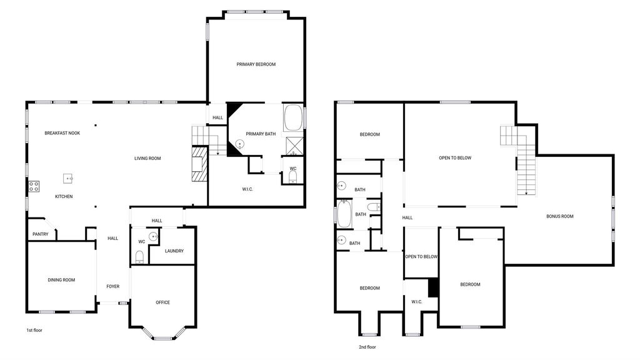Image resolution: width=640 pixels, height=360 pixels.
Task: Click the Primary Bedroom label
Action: point(256,64)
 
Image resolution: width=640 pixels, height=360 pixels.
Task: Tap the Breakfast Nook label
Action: point(62,133)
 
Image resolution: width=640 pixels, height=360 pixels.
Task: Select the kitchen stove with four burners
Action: point(34,186)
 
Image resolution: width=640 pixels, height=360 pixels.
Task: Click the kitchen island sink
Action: point(68,178)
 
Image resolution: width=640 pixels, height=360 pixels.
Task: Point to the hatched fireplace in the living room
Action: point(199,164)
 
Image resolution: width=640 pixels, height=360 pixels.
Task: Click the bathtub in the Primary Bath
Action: point(294,117)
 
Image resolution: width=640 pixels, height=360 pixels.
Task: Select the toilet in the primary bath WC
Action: point(292,177)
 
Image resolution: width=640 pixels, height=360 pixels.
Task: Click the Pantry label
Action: point(41,234)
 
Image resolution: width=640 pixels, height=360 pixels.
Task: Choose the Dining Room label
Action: point(61,280)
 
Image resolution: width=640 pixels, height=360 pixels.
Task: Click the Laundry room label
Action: point(174,251)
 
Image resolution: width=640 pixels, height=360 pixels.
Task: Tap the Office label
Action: point(163,302)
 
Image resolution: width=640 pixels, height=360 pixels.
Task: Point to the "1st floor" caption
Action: point(34,330)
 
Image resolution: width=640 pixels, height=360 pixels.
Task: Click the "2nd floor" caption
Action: point(367,347)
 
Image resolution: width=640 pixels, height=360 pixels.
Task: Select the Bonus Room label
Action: point(560,216)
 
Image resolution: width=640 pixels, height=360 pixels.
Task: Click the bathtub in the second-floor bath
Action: point(344,214)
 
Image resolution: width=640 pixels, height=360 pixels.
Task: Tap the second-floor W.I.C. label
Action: point(417,302)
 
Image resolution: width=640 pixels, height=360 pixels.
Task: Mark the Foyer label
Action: point(113,286)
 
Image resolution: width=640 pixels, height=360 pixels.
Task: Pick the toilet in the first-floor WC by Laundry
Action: point(139,257)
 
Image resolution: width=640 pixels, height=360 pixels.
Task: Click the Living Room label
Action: point(147,158)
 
